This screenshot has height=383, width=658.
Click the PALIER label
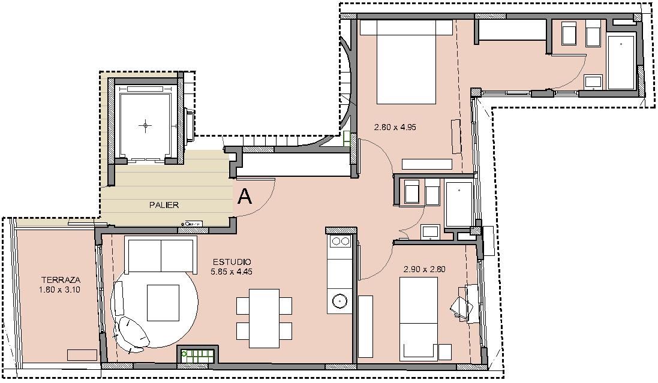coord(164,205)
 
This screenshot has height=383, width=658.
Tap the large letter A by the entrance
coord(245,197)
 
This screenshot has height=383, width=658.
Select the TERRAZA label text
coord(61,280)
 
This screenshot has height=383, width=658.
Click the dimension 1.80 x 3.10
coord(59,289)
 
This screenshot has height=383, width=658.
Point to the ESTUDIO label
coord(232,262)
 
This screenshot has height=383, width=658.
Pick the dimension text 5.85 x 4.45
coord(231,272)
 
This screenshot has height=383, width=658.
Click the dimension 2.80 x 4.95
coord(395,127)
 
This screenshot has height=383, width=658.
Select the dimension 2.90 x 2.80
coord(424,269)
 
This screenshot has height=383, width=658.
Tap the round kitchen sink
coord(339,301)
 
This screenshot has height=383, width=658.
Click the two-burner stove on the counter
coord(340,241)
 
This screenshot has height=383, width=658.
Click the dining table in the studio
coord(264,318)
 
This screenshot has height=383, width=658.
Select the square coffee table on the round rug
coord(163,303)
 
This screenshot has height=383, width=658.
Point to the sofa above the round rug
coord(161,255)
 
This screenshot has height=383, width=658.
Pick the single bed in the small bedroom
coord(419,319)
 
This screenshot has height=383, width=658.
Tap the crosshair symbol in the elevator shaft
coord(146,125)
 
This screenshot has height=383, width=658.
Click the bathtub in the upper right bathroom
coord(621,62)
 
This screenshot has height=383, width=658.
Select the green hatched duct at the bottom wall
coord(197,356)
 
